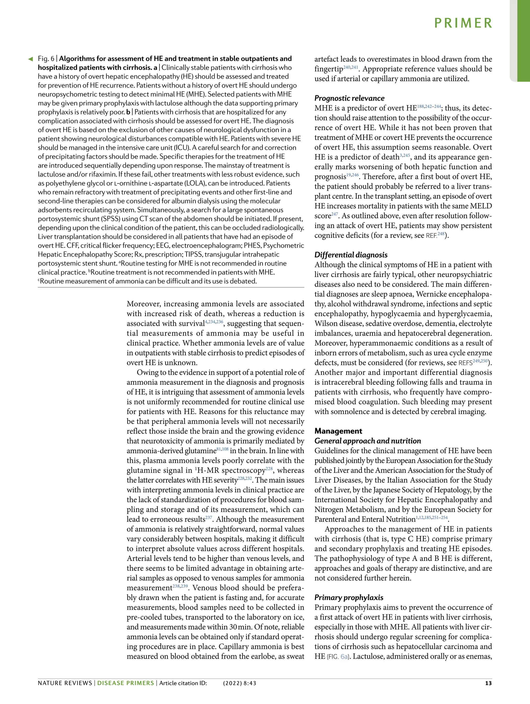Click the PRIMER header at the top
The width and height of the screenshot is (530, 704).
click(463, 23)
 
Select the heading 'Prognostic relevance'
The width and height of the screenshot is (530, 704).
click(349, 98)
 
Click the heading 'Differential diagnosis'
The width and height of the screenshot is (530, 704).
click(351, 255)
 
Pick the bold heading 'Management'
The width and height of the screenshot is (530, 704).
click(338, 431)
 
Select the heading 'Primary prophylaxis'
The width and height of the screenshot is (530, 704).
click(349, 597)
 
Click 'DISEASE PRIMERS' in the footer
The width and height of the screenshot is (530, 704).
click(126, 683)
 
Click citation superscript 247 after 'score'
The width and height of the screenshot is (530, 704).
click(334, 214)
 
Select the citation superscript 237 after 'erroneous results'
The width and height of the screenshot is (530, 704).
click(209, 517)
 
